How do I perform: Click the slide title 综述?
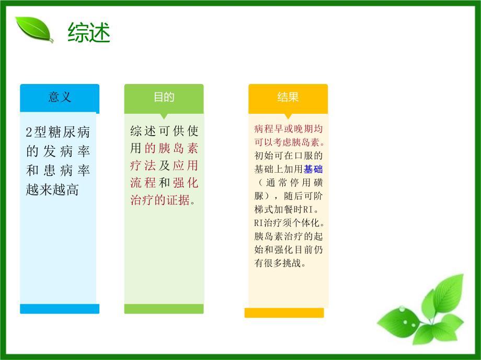(x=88, y=33)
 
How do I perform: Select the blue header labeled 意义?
(x=60, y=98)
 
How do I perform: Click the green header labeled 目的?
(x=164, y=98)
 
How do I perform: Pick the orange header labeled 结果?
(x=288, y=98)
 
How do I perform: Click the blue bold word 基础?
(x=314, y=169)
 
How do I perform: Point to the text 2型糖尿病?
(x=58, y=132)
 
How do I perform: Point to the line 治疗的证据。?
(x=163, y=200)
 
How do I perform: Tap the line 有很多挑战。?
(x=280, y=263)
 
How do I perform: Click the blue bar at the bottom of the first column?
(x=60, y=309)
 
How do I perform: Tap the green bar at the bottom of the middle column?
(x=164, y=309)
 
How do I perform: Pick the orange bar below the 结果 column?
(x=284, y=313)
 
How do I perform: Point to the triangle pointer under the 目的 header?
(x=164, y=116)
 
